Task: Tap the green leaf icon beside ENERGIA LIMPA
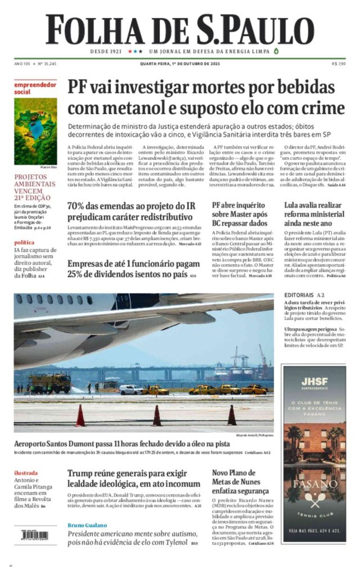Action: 276,51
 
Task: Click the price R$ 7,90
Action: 339,64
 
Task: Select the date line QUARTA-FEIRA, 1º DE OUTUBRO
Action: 180,64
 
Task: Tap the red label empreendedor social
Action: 35,89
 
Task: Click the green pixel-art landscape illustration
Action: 36,131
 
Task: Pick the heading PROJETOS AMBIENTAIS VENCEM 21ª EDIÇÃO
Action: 35,187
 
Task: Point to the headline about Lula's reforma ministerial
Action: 314,214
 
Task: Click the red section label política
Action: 24,243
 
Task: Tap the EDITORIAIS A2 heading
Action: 304,295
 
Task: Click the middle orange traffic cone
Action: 157,415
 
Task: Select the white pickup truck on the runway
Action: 131,390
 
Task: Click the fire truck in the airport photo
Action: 50,383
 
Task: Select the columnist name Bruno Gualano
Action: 87,525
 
